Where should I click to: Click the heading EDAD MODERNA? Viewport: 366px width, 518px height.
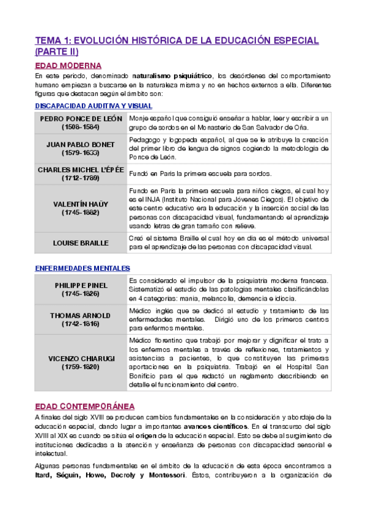click(68, 65)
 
